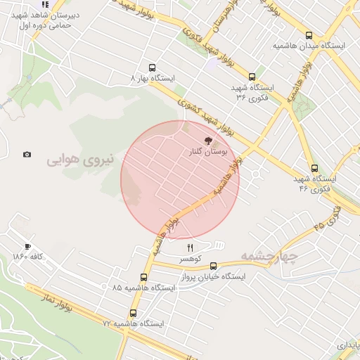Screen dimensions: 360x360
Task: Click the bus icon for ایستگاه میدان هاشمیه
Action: click(309, 35)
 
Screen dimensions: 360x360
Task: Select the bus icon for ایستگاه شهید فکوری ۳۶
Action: click(252, 77)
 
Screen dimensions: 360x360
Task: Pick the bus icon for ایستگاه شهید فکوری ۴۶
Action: click(314, 169)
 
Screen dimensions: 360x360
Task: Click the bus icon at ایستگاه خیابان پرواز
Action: click(214, 266)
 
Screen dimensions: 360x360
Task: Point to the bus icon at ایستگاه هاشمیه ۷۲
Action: click(134, 314)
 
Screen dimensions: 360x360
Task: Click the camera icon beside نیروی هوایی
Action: click(27, 155)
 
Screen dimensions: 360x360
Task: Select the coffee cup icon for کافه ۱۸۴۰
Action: click(27, 246)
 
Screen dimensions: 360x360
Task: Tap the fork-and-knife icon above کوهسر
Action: click(190, 247)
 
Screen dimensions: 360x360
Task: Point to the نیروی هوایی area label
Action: click(79, 160)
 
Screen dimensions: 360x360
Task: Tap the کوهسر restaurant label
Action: click(190, 259)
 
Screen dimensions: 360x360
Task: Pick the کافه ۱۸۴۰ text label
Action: click(28, 257)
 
